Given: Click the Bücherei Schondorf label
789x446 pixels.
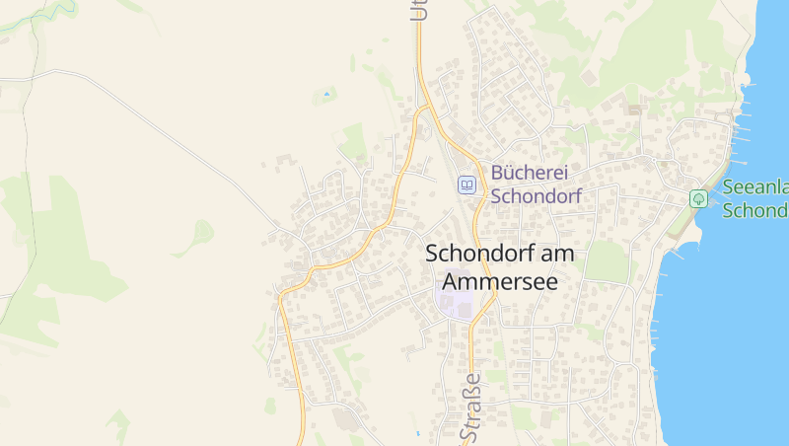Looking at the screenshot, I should click(536, 183).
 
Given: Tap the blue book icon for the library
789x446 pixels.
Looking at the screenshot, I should click(466, 185).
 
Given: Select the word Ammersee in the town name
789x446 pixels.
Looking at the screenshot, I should click(493, 281).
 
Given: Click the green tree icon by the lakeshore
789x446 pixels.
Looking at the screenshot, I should click(698, 198).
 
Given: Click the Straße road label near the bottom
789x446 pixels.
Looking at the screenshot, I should click(471, 407).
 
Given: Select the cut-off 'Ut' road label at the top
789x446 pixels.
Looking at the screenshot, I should click(418, 10).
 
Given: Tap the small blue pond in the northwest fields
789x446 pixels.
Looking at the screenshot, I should click(326, 96).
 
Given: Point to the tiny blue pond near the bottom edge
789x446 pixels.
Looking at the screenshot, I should click(418, 433).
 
